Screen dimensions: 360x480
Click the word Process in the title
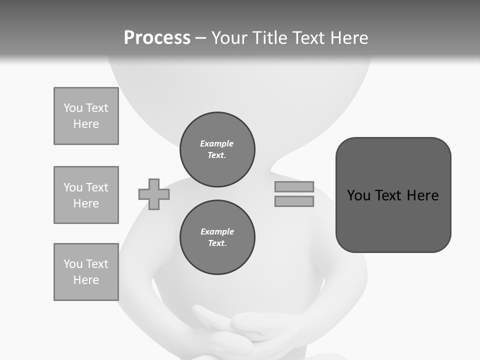coord(157,38)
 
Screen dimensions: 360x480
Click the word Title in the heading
coord(267,38)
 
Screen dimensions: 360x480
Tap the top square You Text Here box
coord(86,116)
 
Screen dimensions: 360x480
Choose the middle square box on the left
coord(86,195)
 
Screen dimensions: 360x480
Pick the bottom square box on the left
coord(86,272)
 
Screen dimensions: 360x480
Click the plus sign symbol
coord(154,194)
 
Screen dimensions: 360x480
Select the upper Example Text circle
coord(217,149)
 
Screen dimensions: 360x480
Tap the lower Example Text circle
coord(217,237)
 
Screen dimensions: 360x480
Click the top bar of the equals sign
coord(294,186)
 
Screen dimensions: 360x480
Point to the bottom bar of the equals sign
coord(294,201)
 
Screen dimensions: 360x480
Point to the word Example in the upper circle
coord(217,143)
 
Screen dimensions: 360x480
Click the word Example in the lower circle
coord(217,231)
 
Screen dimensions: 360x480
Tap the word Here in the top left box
coord(86,124)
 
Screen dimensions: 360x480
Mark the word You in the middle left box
coord(72,187)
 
